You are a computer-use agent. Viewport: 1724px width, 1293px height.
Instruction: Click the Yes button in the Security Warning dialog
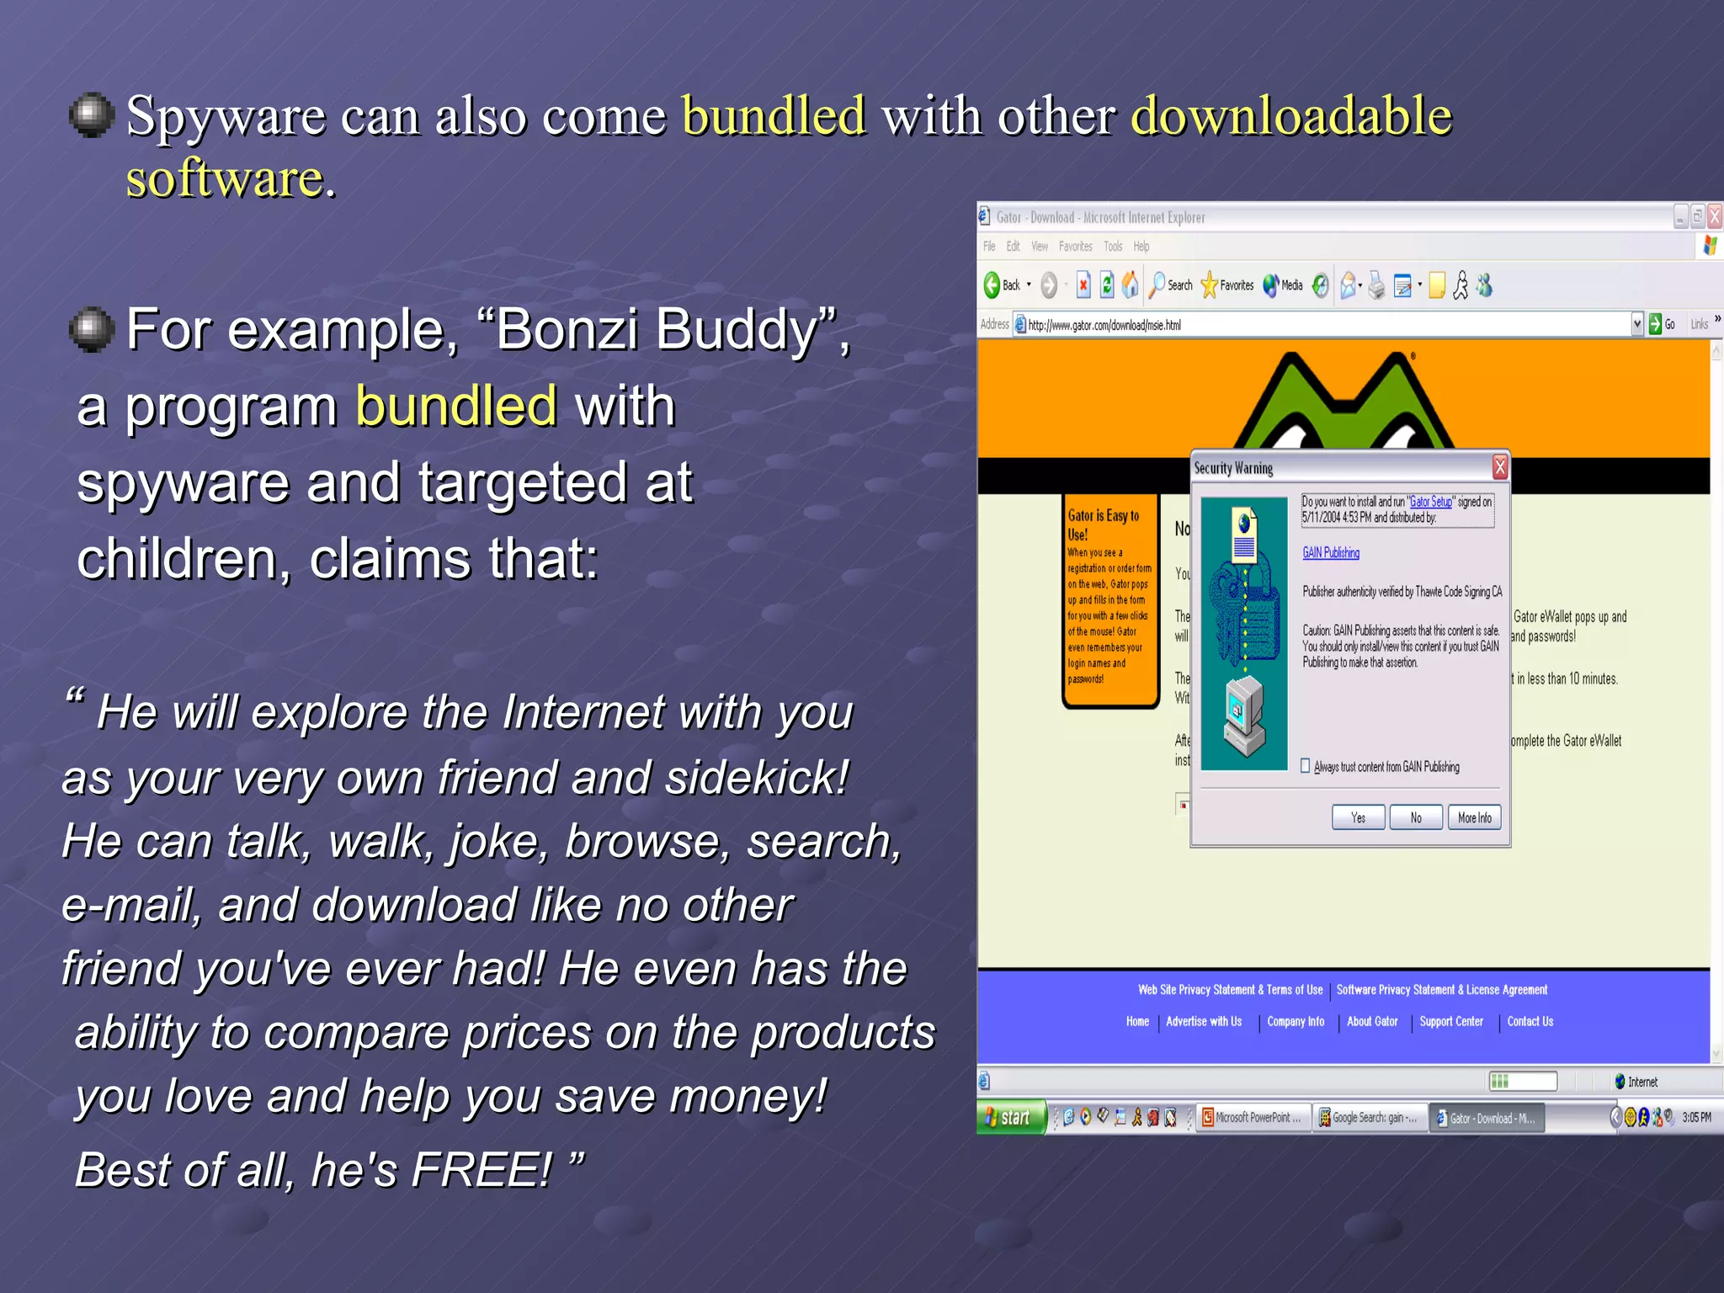pos(1358,817)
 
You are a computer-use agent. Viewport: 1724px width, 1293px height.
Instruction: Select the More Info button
pos(1474,817)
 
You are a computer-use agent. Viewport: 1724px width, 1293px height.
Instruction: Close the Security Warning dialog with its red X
pos(1499,467)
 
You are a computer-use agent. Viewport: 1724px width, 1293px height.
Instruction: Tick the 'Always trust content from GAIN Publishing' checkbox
pos(1306,766)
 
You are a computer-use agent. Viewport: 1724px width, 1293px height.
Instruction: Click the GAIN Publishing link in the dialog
pos(1331,552)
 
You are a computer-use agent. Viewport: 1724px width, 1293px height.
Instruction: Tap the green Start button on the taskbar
pos(1010,1117)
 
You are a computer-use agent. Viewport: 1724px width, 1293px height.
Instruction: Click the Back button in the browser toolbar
pos(1003,285)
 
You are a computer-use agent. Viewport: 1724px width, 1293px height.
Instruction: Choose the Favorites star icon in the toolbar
pos(1210,285)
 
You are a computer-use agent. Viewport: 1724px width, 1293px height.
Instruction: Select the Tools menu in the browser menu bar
pos(1113,247)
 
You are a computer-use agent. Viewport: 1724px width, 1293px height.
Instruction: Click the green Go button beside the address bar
pos(1655,324)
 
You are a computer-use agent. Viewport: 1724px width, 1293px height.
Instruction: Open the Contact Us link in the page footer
pos(1530,1021)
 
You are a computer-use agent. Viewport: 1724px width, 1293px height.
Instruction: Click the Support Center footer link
pos(1451,1021)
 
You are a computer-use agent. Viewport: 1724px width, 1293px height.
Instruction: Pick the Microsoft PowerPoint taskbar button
pos(1252,1117)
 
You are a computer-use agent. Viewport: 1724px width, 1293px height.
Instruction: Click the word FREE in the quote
pos(481,1169)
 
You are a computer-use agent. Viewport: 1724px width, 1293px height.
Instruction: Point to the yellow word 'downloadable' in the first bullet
pos(1291,115)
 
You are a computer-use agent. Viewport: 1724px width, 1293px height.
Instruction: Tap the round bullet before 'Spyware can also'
pos(91,115)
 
